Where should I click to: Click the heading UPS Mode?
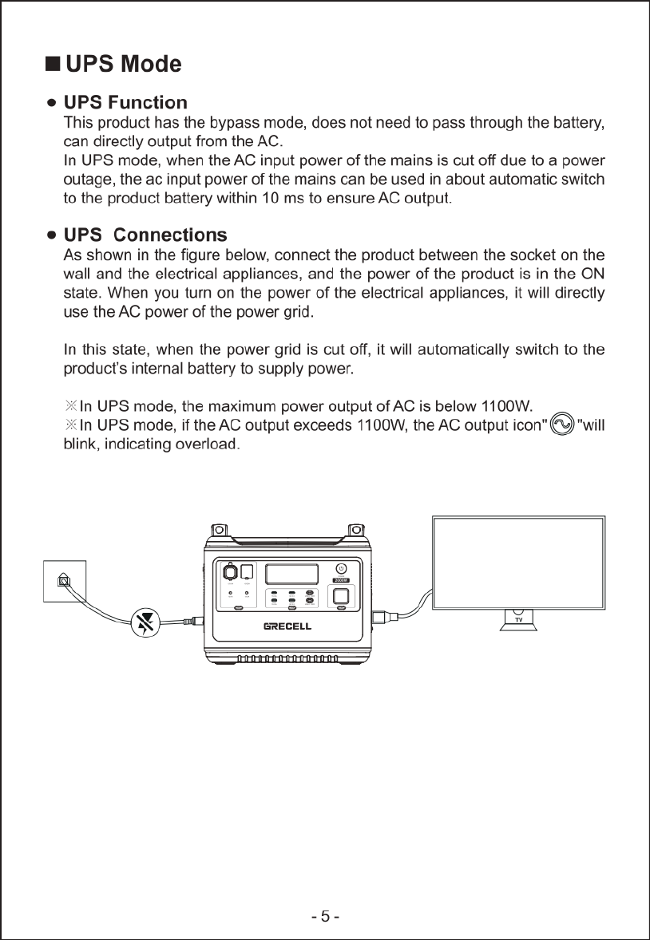[x=124, y=64]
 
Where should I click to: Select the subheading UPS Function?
[x=125, y=103]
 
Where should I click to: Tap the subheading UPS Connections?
[x=145, y=235]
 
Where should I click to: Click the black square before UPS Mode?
[x=54, y=64]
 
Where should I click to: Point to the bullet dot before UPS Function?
[x=52, y=103]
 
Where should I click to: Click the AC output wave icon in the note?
[x=562, y=424]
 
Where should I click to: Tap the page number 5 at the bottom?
[x=325, y=916]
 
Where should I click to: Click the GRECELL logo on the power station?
[x=287, y=626]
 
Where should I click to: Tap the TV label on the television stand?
[x=518, y=620]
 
